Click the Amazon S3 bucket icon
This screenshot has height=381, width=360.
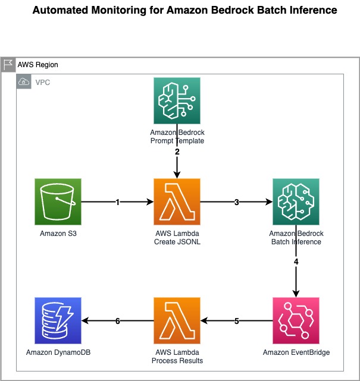(58, 202)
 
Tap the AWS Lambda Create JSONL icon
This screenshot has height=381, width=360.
(177, 202)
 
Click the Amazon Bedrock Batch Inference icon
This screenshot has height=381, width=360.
(296, 202)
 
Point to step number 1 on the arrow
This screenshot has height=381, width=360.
(118, 203)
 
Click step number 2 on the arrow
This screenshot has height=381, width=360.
(177, 152)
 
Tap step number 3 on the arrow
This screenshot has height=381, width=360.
(237, 203)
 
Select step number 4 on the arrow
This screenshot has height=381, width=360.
(296, 262)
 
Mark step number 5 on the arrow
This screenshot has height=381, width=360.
(237, 322)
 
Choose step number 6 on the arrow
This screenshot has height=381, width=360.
(118, 322)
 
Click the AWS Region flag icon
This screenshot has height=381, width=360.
(8, 64)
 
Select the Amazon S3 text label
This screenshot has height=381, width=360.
(58, 233)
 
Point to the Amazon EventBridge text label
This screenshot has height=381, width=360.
(296, 352)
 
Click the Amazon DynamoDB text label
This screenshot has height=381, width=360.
(58, 352)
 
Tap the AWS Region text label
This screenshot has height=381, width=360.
(38, 64)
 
